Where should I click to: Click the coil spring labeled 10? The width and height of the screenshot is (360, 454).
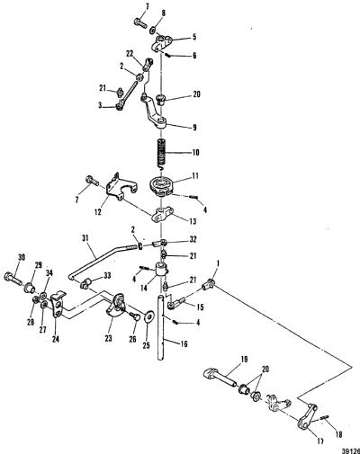pyautogui.click(x=162, y=153)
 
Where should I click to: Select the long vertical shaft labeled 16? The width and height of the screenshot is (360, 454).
pyautogui.click(x=161, y=327)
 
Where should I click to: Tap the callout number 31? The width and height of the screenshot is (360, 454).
pyautogui.click(x=85, y=238)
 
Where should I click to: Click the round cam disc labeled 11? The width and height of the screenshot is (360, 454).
pyautogui.click(x=162, y=186)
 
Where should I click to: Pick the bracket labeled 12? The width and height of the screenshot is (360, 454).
pyautogui.click(x=121, y=188)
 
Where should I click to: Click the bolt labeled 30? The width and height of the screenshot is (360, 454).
pyautogui.click(x=13, y=278)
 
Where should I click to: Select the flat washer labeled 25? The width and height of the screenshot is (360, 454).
pyautogui.click(x=148, y=316)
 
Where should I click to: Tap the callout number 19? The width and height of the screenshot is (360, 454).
pyautogui.click(x=245, y=359)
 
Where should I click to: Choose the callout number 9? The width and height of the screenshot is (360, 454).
pyautogui.click(x=194, y=128)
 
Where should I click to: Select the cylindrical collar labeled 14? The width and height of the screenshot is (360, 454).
pyautogui.click(x=161, y=269)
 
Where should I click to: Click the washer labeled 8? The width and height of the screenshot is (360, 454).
pyautogui.click(x=152, y=30)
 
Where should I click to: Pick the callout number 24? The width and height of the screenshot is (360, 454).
pyautogui.click(x=56, y=339)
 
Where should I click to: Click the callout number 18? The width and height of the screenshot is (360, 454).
pyautogui.click(x=339, y=434)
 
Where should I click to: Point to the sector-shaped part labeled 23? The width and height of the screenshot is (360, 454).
pyautogui.click(x=116, y=305)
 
